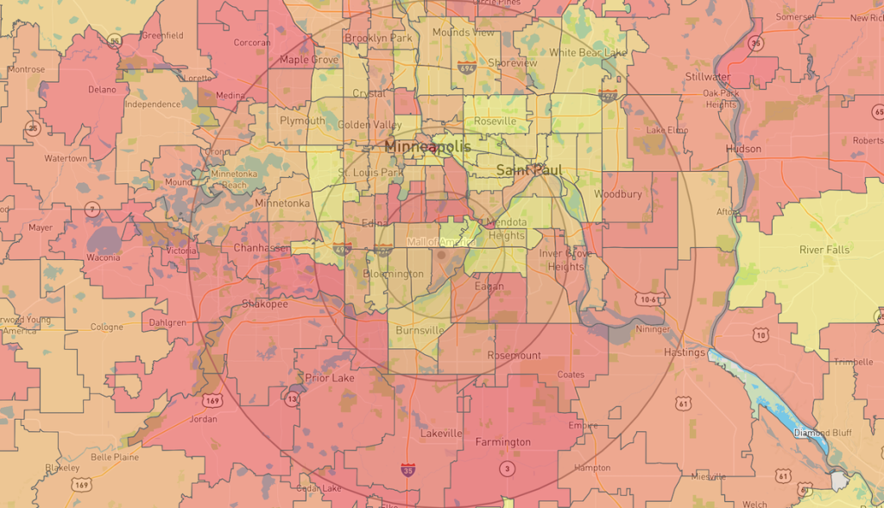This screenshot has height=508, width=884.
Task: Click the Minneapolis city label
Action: point(428,147)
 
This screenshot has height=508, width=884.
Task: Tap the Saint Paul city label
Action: point(529,170)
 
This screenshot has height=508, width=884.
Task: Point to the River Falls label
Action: point(824,250)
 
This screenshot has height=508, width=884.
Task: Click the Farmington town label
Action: point(503,442)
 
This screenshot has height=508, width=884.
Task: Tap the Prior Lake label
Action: point(330,378)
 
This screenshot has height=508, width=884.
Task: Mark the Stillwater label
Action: point(707,77)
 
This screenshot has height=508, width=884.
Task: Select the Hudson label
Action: point(743,149)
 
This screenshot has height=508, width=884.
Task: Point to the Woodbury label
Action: point(617,194)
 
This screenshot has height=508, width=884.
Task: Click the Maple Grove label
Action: point(309,60)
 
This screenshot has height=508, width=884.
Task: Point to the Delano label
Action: point(101,89)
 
